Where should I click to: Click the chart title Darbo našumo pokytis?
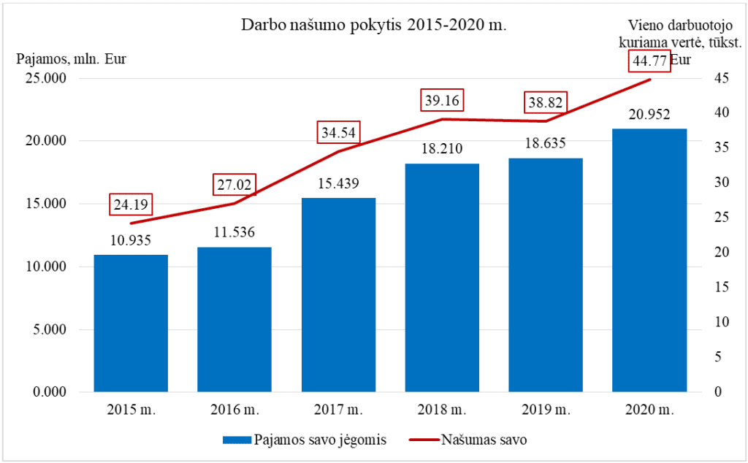(x=374, y=25)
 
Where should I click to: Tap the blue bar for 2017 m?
(x=338, y=295)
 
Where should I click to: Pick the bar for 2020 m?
(x=649, y=260)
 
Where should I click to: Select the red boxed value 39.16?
(x=442, y=100)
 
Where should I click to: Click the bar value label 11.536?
(x=234, y=234)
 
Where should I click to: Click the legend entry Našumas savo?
(x=483, y=440)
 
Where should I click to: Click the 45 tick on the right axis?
(x=720, y=78)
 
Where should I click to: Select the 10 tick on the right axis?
(x=720, y=322)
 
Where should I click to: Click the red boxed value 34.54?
(x=338, y=133)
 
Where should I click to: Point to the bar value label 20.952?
(x=649, y=115)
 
